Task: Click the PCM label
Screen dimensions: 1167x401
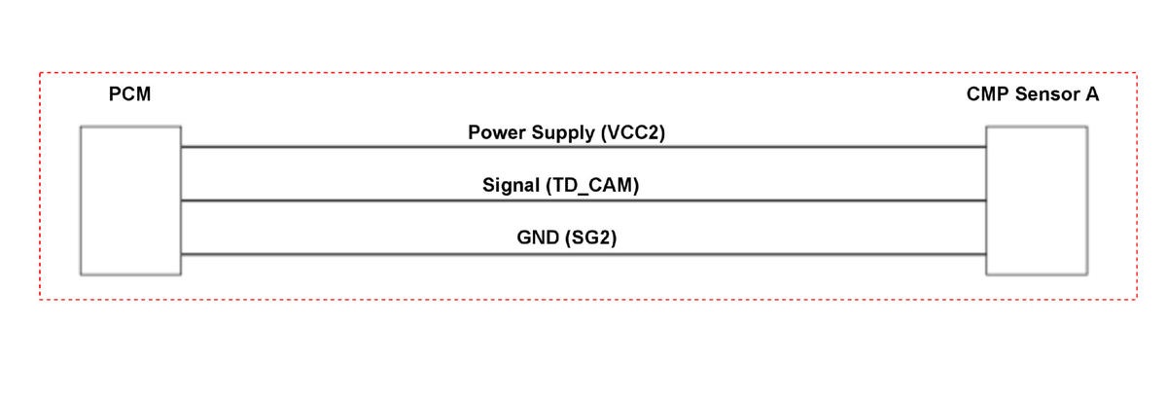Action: click(129, 94)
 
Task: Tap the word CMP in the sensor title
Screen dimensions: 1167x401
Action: click(988, 94)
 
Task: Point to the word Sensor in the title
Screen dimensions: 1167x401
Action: click(1047, 94)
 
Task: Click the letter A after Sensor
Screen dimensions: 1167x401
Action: click(1092, 94)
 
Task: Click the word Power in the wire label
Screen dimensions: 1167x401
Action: click(497, 132)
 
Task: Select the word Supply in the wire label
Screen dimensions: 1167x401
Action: click(563, 133)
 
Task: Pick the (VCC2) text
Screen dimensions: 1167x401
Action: click(633, 133)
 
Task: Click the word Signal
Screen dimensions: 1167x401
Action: click(512, 186)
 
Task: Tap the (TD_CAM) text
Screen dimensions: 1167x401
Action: click(592, 186)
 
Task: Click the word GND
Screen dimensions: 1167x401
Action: click(538, 237)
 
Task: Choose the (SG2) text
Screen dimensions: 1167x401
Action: click(591, 237)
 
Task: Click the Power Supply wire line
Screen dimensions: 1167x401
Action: click(583, 147)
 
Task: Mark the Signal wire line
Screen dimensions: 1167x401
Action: click(583, 200)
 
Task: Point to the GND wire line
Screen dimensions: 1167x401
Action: click(583, 254)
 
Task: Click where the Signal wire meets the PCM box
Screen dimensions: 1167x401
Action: click(181, 200)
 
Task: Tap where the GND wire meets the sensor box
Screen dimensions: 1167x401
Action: click(986, 254)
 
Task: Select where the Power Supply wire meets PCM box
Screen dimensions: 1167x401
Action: click(181, 147)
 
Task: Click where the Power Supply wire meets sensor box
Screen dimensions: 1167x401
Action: click(986, 147)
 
